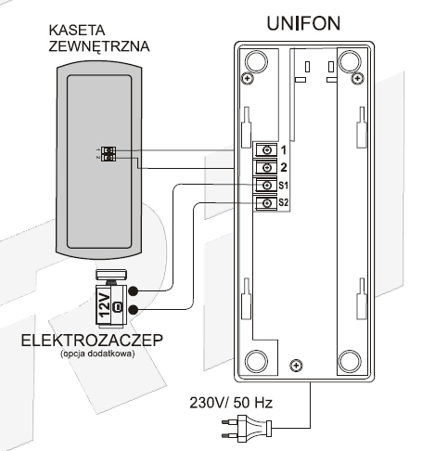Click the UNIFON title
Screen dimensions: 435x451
(303, 23)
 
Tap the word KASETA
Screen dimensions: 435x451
(77, 30)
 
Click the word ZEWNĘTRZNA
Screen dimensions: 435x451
(99, 46)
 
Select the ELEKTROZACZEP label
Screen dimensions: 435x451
(92, 341)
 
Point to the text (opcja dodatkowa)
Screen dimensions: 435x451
(97, 354)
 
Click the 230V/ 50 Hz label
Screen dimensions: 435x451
(231, 403)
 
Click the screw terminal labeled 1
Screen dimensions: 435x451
(266, 150)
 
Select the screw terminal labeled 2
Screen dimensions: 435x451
(266, 168)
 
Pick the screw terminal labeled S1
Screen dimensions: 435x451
(266, 186)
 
